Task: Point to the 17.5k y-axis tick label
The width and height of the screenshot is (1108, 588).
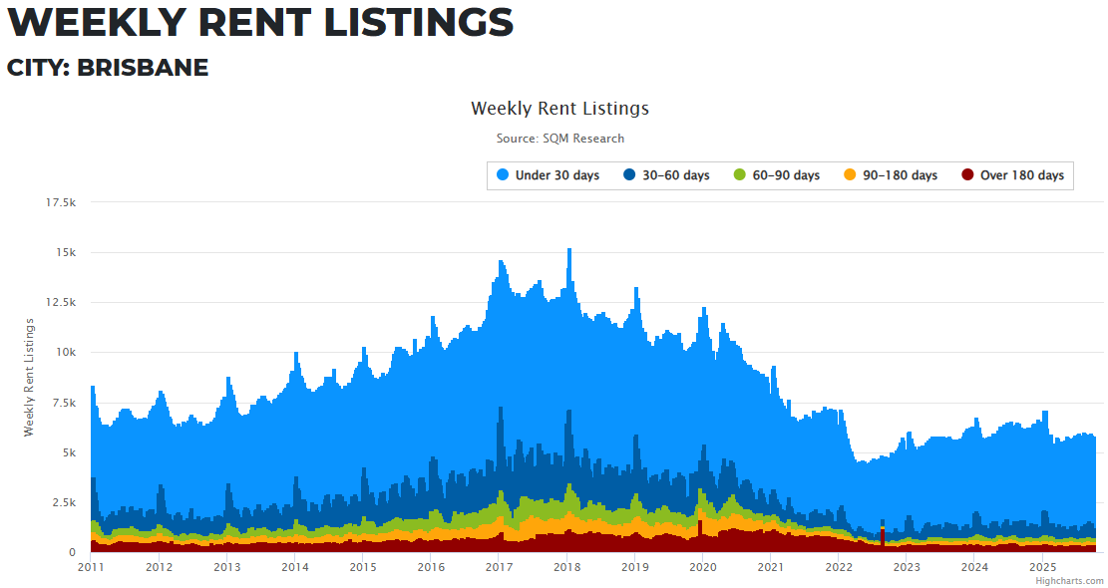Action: tap(61, 202)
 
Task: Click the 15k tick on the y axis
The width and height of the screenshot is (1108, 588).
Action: tap(66, 252)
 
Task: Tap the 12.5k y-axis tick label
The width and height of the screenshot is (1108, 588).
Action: tap(61, 302)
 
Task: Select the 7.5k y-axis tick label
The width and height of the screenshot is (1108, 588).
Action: tap(64, 402)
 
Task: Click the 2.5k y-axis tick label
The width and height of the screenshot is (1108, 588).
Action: tap(64, 501)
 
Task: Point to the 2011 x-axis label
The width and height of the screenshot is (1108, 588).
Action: tap(91, 567)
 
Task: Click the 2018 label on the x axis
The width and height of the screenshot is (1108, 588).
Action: tap(566, 567)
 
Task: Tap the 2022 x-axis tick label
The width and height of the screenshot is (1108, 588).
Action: tap(839, 567)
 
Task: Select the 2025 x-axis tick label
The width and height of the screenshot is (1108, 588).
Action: tap(1042, 567)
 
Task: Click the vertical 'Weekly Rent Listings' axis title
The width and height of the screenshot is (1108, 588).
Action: tap(29, 377)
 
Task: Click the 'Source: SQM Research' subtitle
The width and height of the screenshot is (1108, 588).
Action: tap(559, 139)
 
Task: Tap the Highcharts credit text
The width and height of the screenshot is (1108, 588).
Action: tap(1069, 580)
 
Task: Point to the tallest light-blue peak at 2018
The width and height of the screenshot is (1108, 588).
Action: tap(568, 250)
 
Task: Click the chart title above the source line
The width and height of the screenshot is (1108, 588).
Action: tap(559, 108)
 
